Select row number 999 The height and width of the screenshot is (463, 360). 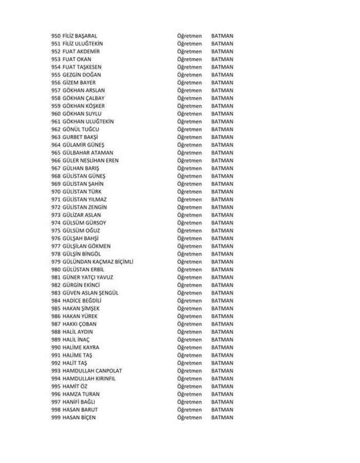(56, 417)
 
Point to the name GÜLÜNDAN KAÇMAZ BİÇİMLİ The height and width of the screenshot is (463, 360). (98, 262)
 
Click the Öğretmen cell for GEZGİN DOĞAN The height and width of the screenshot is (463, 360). (189, 75)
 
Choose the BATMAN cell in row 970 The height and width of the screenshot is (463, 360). (222, 191)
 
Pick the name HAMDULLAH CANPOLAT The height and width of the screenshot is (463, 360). (92, 370)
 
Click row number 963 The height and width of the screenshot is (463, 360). (56, 137)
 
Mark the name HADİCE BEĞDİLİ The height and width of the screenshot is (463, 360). (82, 300)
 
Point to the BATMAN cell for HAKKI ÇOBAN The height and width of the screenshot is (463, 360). (222, 324)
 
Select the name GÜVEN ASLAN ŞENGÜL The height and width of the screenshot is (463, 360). (91, 293)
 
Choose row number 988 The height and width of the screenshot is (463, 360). (56, 332)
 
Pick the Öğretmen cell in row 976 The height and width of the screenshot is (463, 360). (189, 238)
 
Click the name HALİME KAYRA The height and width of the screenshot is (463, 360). (81, 347)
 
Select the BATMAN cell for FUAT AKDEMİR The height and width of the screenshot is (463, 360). (222, 51)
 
